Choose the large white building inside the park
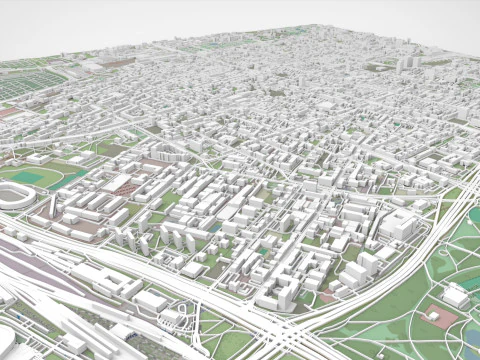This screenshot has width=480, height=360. click(x=456, y=296)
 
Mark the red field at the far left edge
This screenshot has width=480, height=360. click(x=8, y=113)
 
